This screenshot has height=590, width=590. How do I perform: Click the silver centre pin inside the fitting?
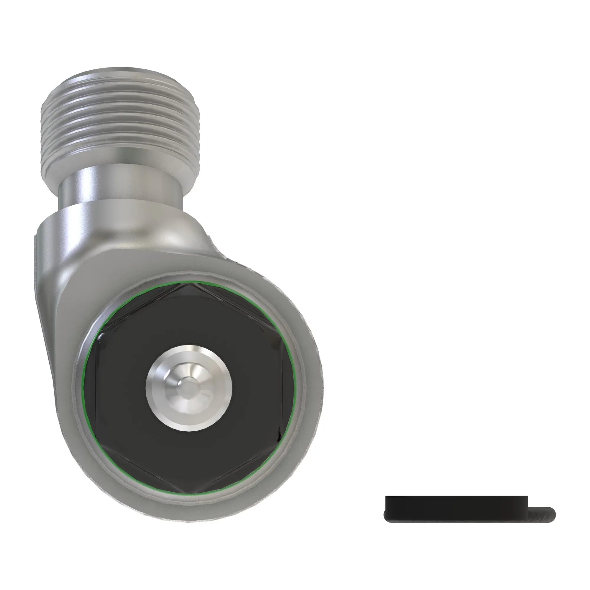tap(189, 389)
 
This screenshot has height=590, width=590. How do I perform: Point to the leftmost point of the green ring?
tap(83, 388)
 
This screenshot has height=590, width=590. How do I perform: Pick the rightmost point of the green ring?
tap(294, 388)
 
